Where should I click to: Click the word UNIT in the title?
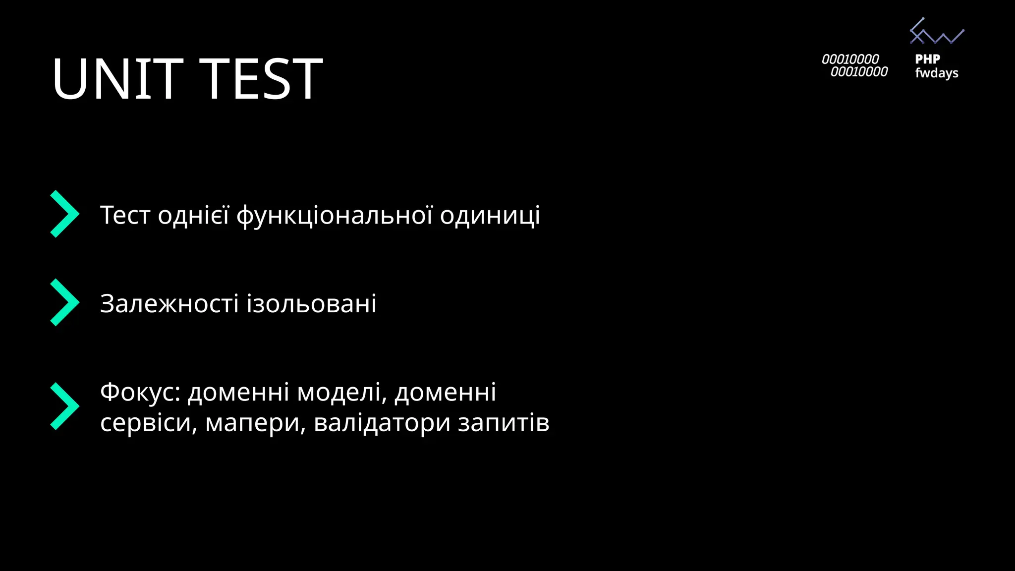point(117,79)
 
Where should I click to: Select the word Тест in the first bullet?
point(125,216)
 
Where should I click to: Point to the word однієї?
point(193,216)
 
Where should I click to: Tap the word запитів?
point(503,423)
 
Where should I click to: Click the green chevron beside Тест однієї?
point(64,214)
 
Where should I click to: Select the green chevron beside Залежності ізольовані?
point(64,302)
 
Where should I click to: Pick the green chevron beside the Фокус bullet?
point(64,406)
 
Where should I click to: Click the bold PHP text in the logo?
point(927,59)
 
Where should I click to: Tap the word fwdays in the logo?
point(936,73)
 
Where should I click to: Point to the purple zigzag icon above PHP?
point(936,32)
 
